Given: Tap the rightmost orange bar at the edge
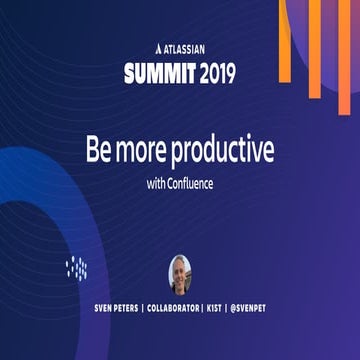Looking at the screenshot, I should point(351,40).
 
